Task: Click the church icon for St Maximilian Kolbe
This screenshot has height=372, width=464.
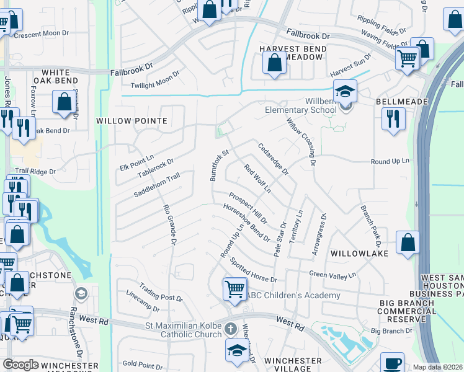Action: (x=230, y=328)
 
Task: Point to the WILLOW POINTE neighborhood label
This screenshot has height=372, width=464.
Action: (x=132, y=121)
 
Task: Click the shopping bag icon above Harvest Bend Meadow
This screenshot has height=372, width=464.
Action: (x=274, y=63)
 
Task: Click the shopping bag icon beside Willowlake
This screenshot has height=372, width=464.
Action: (x=408, y=242)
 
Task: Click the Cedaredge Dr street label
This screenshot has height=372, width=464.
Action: (x=274, y=159)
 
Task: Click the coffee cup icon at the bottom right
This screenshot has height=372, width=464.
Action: (x=392, y=363)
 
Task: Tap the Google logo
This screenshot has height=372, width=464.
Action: (x=20, y=365)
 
